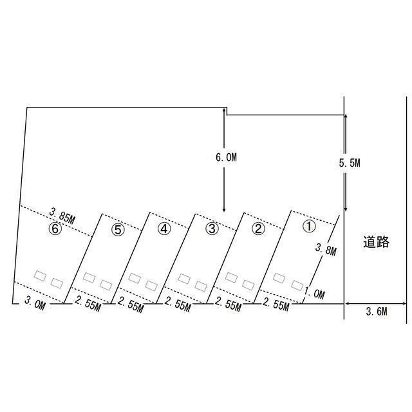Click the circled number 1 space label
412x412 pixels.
(x=309, y=226)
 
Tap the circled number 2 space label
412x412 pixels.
(x=258, y=229)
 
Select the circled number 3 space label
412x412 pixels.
(x=212, y=229)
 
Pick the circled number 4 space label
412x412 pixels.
(x=164, y=229)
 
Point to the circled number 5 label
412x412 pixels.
(x=118, y=229)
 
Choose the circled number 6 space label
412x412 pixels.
(x=55, y=229)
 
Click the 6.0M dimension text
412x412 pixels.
(x=226, y=157)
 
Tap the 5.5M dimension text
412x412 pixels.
(x=350, y=163)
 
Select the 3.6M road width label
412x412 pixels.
(x=376, y=312)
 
